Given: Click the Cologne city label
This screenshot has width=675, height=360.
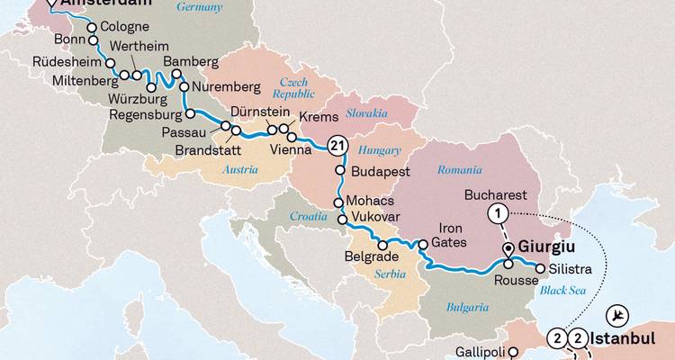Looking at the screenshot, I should pos(125,27).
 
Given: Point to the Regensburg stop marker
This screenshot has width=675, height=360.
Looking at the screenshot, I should pos(190,113).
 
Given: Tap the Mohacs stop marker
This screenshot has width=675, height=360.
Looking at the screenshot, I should pos(340,202).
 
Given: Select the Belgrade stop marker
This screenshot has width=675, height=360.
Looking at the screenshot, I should pos(382,245).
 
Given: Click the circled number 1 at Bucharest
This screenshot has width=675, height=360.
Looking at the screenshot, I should pos(495,213).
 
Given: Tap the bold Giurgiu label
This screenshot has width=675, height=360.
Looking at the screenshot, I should pos(547,246).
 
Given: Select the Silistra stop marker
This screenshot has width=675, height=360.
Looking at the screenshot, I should pos(540,266).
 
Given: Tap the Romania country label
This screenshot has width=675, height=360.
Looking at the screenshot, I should pos(460,169).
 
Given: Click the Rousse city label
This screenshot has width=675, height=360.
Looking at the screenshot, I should pos(516,280).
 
